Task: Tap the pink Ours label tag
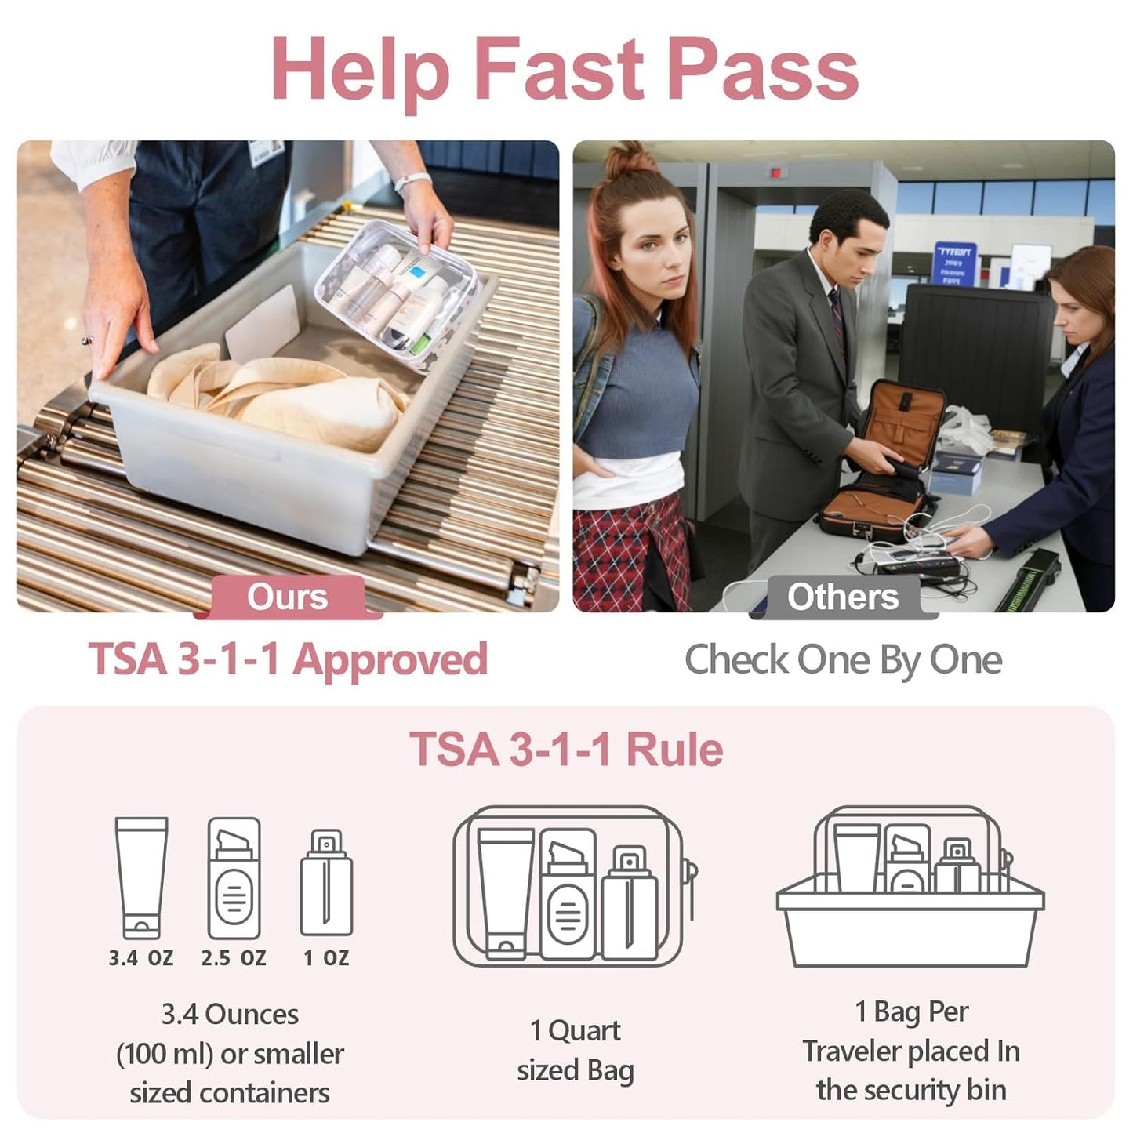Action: (x=288, y=597)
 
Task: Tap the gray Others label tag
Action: (x=843, y=597)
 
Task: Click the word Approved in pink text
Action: (x=390, y=659)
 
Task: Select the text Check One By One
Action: (x=843, y=659)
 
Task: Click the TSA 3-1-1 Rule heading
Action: (x=565, y=750)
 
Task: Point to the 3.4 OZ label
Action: (x=141, y=957)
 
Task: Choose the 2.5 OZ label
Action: (x=234, y=957)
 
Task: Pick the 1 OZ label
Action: (x=326, y=957)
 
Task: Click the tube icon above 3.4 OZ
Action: (x=141, y=877)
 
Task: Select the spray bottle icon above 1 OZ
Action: (x=326, y=883)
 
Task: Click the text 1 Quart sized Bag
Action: (x=575, y=1050)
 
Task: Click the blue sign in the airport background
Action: (x=954, y=263)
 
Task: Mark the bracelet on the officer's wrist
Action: (x=412, y=182)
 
